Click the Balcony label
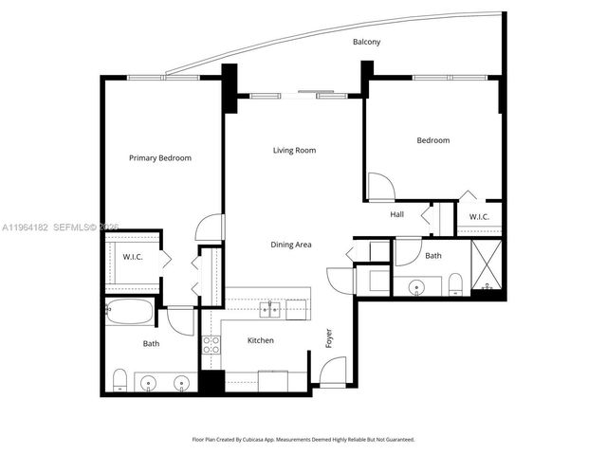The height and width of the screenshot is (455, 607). (x=367, y=43)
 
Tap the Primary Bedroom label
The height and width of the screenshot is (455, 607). (x=160, y=158)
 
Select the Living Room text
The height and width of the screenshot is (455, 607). (x=294, y=150)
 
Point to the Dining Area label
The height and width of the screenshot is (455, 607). (x=291, y=245)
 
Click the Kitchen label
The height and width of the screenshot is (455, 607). (x=261, y=340)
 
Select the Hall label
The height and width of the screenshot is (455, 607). (x=398, y=215)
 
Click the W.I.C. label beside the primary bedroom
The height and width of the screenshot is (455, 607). (x=132, y=256)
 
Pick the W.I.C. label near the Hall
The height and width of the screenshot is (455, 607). (x=479, y=217)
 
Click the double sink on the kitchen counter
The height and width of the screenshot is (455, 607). (x=271, y=307)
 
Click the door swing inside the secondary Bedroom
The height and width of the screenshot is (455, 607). (x=378, y=187)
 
